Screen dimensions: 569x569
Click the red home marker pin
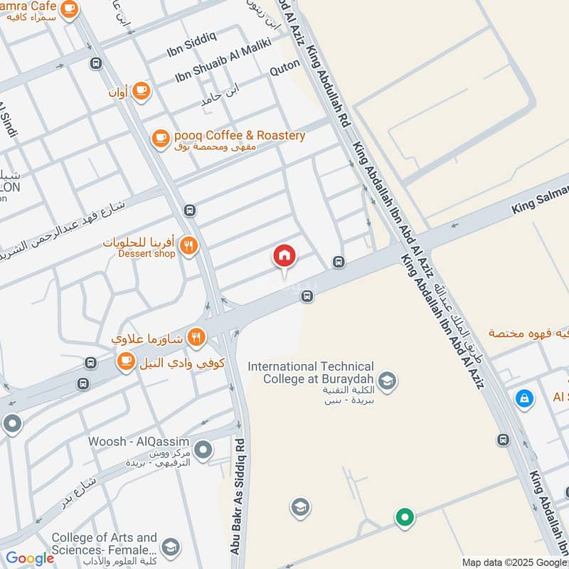(x=284, y=256)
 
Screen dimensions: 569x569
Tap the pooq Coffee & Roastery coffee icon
(x=160, y=138)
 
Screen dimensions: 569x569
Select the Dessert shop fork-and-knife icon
(x=188, y=245)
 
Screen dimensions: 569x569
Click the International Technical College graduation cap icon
(x=387, y=381)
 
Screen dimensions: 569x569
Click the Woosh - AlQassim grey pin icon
(x=203, y=450)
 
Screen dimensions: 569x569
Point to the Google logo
(x=30, y=558)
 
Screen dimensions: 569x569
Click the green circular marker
(x=405, y=517)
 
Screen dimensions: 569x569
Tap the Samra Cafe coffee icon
(x=69, y=9)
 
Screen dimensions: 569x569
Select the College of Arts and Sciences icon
(x=169, y=546)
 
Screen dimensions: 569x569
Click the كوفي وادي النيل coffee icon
(x=126, y=361)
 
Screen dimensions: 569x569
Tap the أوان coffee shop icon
(x=141, y=90)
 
